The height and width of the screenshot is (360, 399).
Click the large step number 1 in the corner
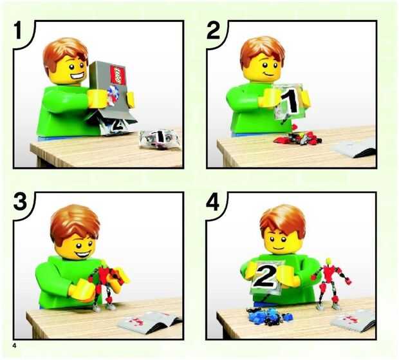tap(18, 30)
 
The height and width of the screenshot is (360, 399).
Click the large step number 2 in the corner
tap(213, 30)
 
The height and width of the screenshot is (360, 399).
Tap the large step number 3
tap(20, 201)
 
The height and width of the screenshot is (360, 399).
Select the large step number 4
tap(213, 202)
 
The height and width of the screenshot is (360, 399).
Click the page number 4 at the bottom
tap(15, 346)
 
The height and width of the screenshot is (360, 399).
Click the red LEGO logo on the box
tap(118, 75)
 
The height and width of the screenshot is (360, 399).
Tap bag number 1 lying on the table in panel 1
tap(160, 138)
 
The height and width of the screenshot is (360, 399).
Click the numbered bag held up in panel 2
tap(290, 102)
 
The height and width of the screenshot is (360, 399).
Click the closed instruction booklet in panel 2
tap(354, 147)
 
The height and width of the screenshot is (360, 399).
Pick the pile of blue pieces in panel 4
tap(269, 316)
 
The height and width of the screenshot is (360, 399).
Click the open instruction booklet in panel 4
tap(353, 322)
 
